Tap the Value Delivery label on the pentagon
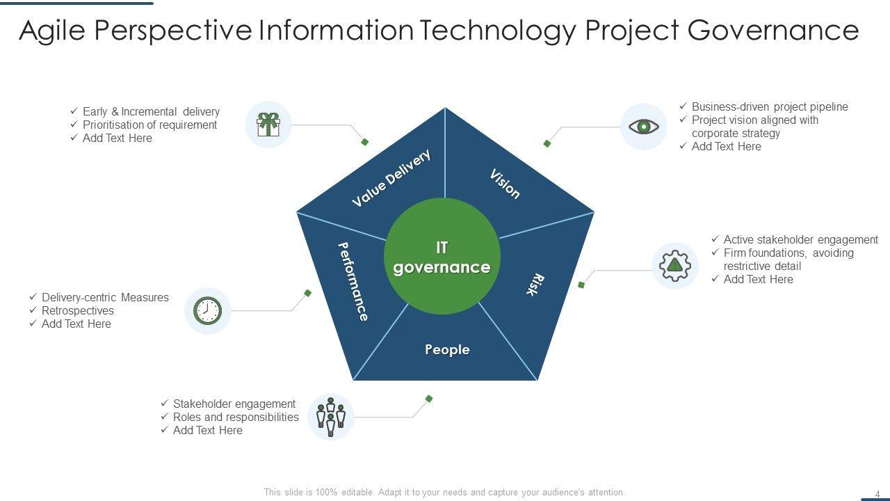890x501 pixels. coord(391,178)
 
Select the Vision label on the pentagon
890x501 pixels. coord(505,184)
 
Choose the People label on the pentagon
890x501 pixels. coord(447,349)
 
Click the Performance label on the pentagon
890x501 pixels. coord(353,281)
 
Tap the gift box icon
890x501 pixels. coord(268,125)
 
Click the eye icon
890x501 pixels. coord(643,127)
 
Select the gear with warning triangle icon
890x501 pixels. coord(674,265)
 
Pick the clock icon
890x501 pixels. coord(207,310)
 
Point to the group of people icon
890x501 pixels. coord(331,416)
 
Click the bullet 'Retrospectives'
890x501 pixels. coord(77,310)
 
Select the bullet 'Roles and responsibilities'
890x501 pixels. coord(236,417)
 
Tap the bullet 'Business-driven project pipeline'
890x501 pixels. coord(770,106)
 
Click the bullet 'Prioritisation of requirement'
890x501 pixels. coord(149,125)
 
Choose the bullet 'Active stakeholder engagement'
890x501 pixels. coord(800,239)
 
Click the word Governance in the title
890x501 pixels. coord(773,31)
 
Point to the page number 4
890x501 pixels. coord(877,494)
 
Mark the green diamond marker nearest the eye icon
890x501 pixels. coord(547,143)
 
